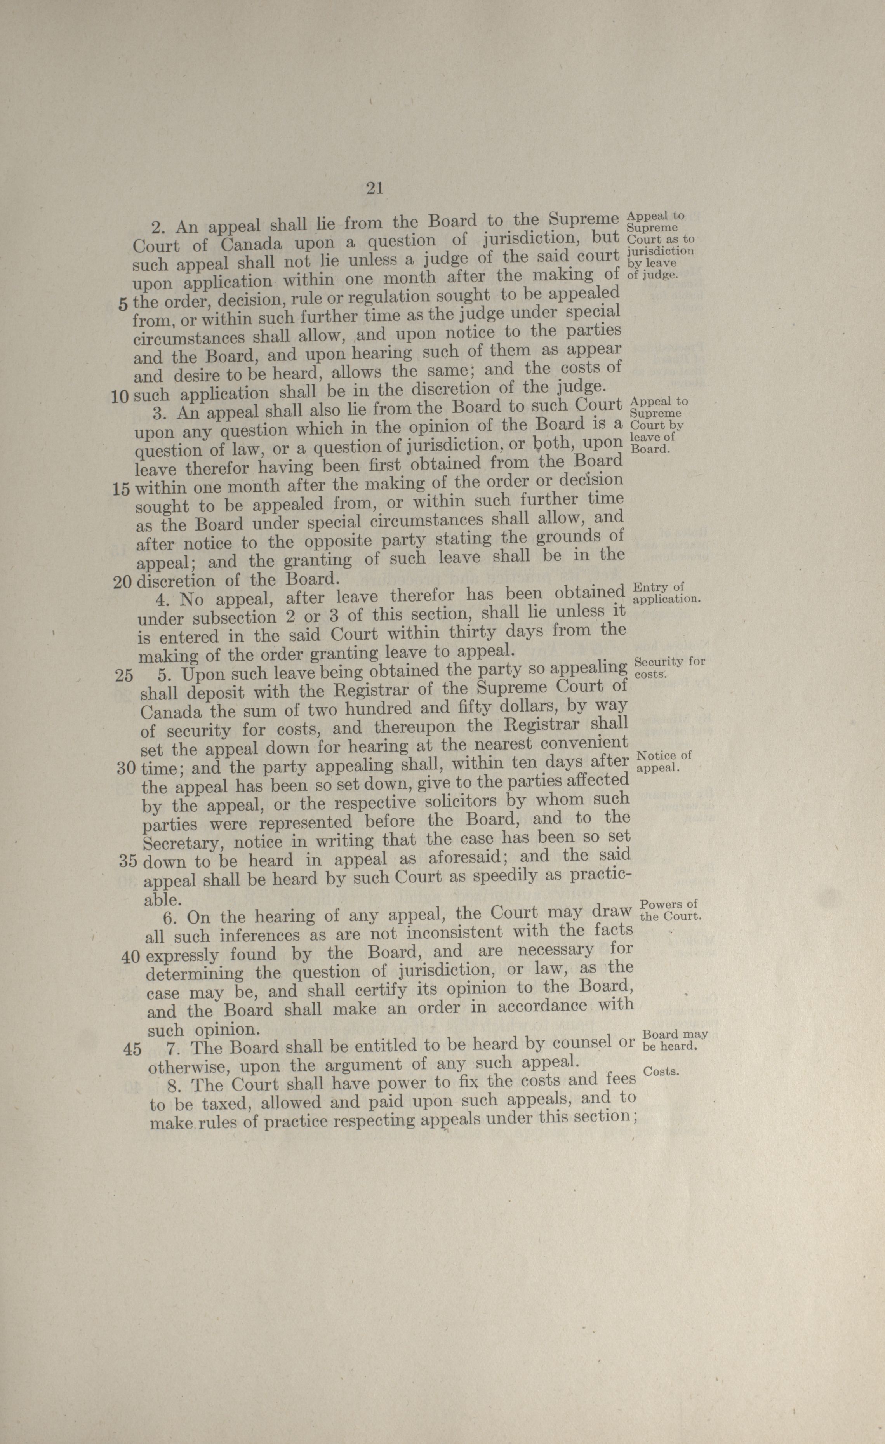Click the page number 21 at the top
coord(374,188)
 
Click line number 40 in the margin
coord(130,957)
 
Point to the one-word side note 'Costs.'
coord(661,1072)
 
